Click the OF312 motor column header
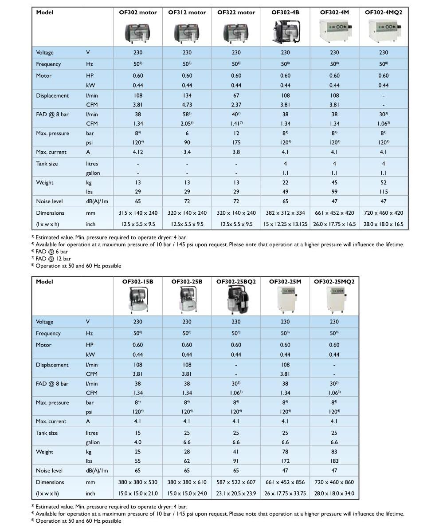click(x=187, y=12)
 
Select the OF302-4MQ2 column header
click(x=384, y=12)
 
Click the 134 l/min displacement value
click(x=187, y=95)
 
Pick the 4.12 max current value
click(x=138, y=152)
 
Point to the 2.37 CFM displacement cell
click(x=236, y=105)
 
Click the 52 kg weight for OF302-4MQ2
click(x=384, y=182)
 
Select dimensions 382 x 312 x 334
click(x=285, y=213)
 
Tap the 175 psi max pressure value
click(x=236, y=142)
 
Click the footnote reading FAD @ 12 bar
click(x=53, y=259)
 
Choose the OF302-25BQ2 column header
click(x=236, y=282)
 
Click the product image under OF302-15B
click(x=138, y=300)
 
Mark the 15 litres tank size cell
click(x=138, y=433)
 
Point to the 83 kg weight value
click(x=334, y=452)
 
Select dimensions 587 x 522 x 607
click(x=236, y=482)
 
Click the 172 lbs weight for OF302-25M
click(x=285, y=461)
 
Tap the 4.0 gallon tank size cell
click(x=138, y=442)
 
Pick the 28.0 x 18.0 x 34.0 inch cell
click(x=334, y=493)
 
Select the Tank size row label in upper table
click(x=47, y=164)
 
